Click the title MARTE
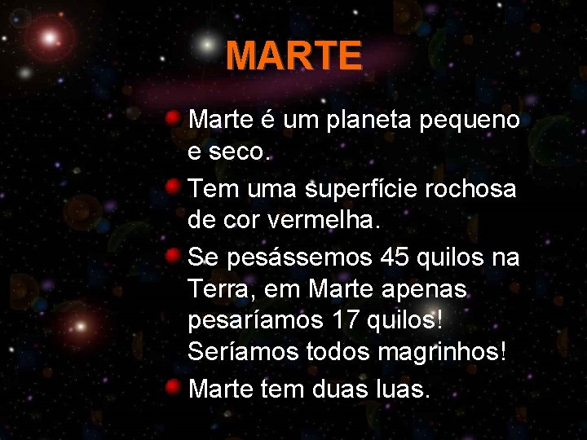[x=293, y=56]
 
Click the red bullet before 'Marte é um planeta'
[x=173, y=119]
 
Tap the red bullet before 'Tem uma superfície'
[x=173, y=187]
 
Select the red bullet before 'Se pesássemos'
[x=173, y=256]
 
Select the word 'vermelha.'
[x=332, y=220]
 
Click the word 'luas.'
[x=399, y=389]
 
